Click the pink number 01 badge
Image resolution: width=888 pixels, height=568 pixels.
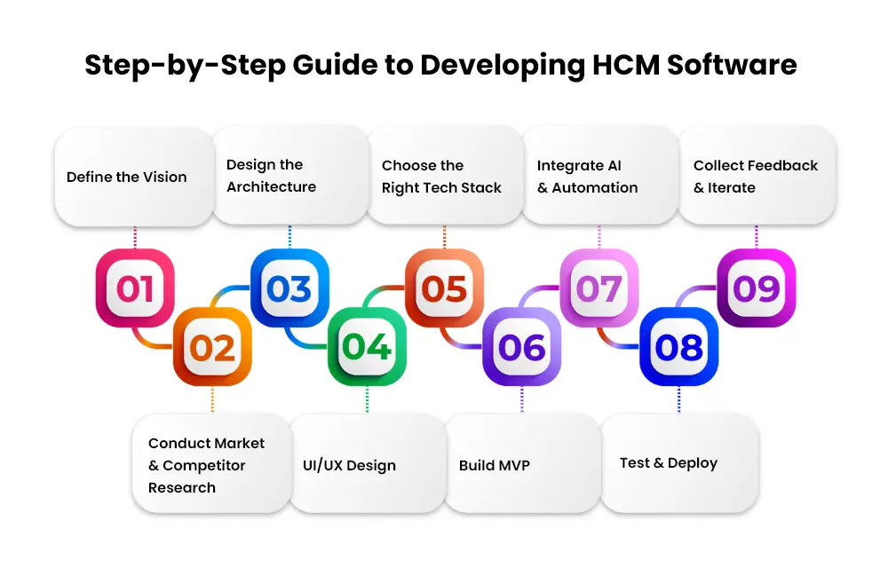pos(135,288)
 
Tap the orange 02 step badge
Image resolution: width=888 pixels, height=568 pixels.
pos(212,347)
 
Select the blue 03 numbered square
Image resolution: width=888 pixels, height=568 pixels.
pos(289,288)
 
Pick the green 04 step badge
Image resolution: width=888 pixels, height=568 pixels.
pos(367,347)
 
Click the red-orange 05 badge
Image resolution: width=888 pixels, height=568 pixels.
pos(445,288)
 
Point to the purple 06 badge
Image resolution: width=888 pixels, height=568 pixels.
pos(521,347)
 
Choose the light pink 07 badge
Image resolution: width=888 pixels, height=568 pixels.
pos(599,288)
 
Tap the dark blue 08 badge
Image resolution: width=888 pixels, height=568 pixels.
pos(679,347)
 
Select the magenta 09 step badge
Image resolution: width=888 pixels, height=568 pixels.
pos(757,288)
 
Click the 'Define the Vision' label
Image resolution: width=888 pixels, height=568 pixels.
pos(126,177)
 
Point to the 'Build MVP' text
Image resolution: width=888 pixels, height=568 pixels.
pos(495,465)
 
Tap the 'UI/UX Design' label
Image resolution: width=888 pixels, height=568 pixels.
pos(349,466)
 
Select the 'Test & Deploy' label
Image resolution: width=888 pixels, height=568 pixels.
pos(669,463)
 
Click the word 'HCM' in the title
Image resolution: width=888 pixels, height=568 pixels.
pos(626,65)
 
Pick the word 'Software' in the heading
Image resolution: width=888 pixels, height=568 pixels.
pos(733,65)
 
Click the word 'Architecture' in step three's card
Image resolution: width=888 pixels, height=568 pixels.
pos(271,186)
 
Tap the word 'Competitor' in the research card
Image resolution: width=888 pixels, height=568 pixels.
pos(204,466)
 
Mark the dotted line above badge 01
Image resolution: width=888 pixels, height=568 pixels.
pos(135,238)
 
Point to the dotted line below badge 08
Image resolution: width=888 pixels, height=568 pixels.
pos(679,399)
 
